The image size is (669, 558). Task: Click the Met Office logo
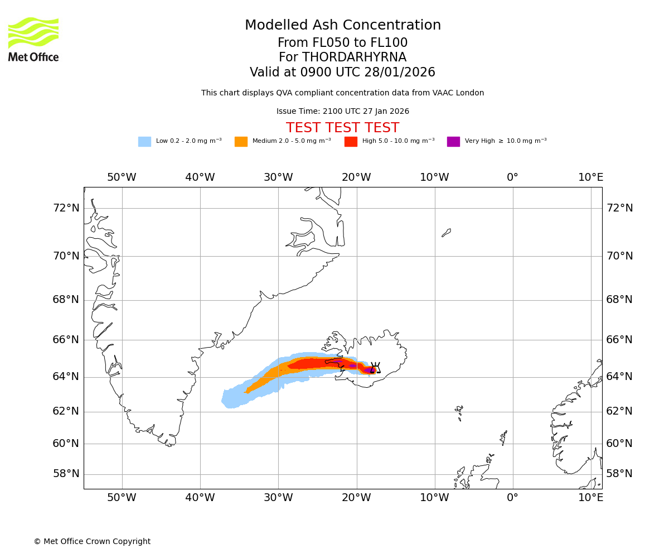point(33,39)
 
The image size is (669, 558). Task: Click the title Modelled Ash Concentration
point(343,26)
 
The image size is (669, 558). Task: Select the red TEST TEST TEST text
point(343,128)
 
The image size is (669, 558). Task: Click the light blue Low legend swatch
point(144,142)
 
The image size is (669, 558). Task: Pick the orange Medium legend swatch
point(241,142)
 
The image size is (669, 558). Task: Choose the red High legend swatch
point(351,142)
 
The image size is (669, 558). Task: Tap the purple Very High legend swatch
point(453,142)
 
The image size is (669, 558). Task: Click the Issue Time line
point(343,112)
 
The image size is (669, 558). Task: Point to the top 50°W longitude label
point(122,177)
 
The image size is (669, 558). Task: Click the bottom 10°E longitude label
point(590,497)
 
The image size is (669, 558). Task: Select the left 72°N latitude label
point(66,208)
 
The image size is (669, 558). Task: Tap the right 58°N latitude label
point(619,474)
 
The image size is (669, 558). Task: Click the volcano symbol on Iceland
point(375,368)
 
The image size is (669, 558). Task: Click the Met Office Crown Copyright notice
point(92,541)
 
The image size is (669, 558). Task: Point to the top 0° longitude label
point(512,177)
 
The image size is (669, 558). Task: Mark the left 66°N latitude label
point(66,340)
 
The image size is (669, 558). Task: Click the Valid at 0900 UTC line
point(343,73)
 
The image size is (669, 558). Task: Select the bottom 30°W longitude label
point(278,497)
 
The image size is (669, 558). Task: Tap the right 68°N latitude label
point(619,300)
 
